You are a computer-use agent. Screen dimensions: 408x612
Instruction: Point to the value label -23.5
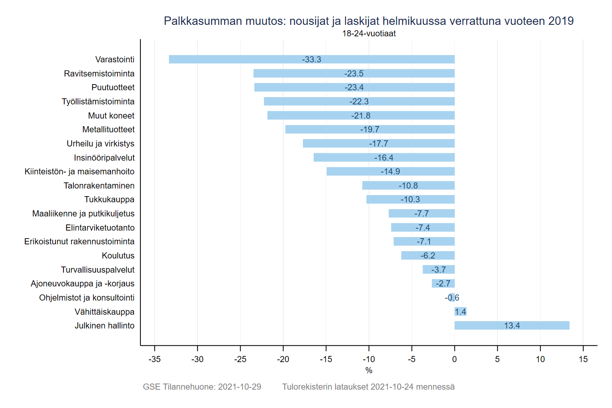[354, 73]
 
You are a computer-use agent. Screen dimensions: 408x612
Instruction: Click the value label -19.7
[369, 130]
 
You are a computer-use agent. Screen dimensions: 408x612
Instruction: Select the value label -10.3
[410, 200]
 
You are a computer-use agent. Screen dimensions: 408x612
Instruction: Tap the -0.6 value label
[452, 298]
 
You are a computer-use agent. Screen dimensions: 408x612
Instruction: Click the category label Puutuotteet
[113, 88]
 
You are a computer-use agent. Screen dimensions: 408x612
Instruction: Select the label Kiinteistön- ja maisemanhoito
[80, 172]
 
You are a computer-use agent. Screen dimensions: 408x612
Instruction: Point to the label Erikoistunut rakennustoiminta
[79, 242]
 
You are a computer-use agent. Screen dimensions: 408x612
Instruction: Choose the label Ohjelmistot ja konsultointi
[87, 298]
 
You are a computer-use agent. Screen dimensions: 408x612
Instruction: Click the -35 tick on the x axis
[155, 359]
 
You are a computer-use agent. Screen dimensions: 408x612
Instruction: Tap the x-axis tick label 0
[454, 359]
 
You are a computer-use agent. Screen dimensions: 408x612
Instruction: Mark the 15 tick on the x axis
[583, 359]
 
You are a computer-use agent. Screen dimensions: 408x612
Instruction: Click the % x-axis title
[369, 370]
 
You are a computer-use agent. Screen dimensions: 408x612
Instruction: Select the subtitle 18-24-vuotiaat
[369, 34]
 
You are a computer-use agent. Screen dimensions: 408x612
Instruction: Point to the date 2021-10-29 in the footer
[239, 387]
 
